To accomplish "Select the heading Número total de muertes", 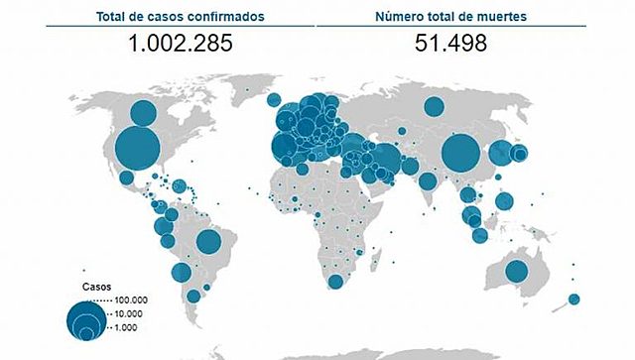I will pos(450,15).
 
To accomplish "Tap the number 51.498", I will pos(450,43).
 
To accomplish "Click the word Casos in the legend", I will pos(94,285).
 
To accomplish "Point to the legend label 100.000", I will pos(130,300).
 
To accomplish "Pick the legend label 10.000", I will pos(127,313).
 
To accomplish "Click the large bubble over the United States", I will pos(137,150).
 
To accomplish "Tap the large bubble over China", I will pos(461,154).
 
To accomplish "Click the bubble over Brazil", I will pos(208,241).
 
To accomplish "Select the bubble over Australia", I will pos(516,271).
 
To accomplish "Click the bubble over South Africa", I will pos(335,282).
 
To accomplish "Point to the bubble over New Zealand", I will pos(573,299).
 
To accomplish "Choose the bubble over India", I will pos(427,181).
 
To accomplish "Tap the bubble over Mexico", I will pos(126,179).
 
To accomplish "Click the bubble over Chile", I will pos(181,273).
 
